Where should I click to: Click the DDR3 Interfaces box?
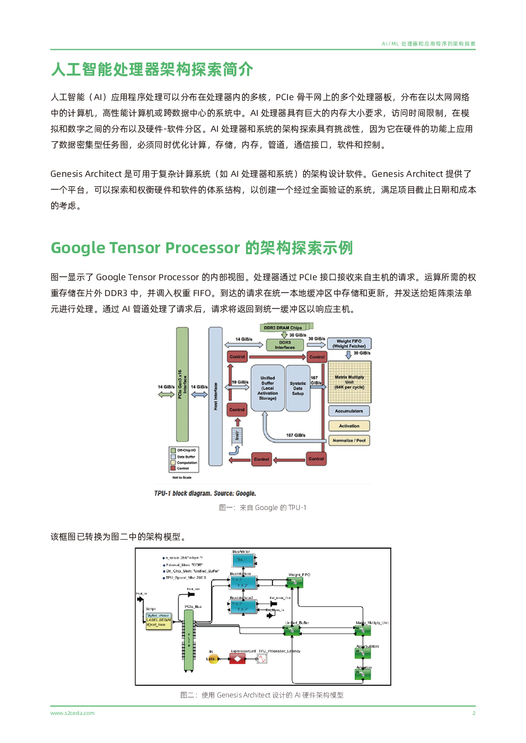coord(285,345)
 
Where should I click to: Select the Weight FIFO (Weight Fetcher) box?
coord(349,344)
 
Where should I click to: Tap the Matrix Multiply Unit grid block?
coord(349,382)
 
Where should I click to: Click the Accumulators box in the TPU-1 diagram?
coord(349,411)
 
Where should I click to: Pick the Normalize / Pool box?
coord(349,440)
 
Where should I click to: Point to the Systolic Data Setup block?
coord(297,388)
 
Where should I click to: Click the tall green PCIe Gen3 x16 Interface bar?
coord(182,384)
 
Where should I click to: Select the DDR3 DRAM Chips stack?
coord(283,327)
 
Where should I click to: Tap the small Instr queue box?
coord(237,435)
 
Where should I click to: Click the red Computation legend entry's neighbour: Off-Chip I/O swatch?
coord(173,450)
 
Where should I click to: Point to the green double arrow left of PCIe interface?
coord(166,393)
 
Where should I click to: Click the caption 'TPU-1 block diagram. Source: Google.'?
coord(205,493)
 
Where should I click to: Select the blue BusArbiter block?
coord(243,559)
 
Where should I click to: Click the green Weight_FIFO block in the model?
coord(294,583)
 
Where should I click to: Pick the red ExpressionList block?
coord(238,659)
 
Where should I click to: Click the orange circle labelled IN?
coord(213,659)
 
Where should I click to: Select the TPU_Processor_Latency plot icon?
coord(262,659)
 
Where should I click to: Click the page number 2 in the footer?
coord(474,713)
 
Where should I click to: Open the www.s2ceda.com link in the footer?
coord(72,713)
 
